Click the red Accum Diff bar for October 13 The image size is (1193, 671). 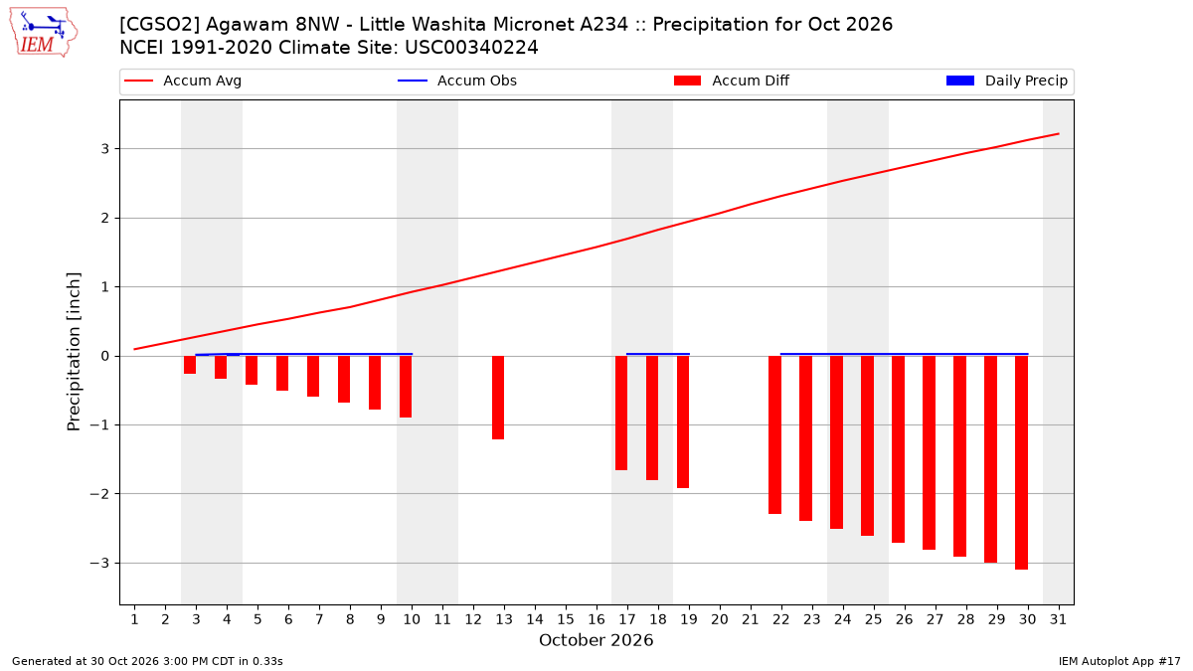click(498, 398)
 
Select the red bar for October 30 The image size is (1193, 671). click(1022, 463)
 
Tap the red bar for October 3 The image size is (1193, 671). click(190, 365)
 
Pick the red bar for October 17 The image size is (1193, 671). click(621, 414)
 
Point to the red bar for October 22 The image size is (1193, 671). click(774, 435)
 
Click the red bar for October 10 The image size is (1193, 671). click(406, 387)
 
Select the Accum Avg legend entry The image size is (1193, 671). click(183, 81)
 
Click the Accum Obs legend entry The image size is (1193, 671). click(457, 81)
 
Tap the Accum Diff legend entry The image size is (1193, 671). click(732, 81)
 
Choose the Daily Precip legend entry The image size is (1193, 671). click(1007, 81)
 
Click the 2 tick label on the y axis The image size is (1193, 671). click(105, 219)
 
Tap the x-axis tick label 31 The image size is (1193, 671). click(1058, 619)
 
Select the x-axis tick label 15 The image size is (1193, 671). click(566, 619)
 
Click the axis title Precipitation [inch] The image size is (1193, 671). click(74, 352)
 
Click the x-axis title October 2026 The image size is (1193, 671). click(596, 640)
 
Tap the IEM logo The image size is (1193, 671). click(43, 32)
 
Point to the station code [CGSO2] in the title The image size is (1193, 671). click(159, 25)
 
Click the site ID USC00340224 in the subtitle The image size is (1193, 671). click(471, 48)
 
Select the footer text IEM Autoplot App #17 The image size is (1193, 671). click(1119, 661)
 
